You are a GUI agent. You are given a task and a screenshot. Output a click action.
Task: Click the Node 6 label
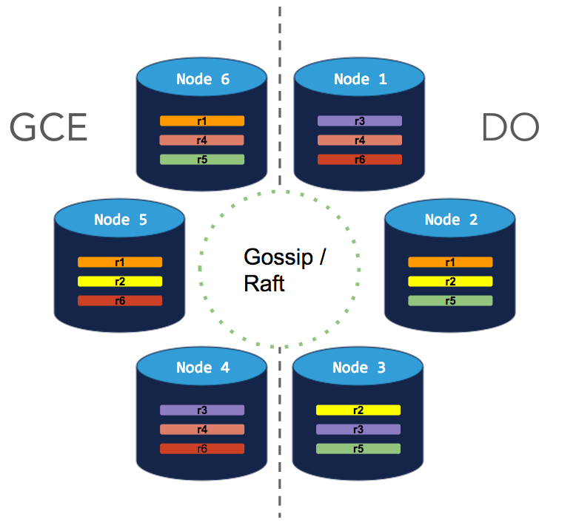click(202, 79)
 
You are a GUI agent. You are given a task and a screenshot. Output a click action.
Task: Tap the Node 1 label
click(360, 79)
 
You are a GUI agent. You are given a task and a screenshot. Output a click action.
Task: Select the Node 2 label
click(451, 220)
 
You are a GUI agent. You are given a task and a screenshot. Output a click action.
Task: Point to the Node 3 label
click(359, 368)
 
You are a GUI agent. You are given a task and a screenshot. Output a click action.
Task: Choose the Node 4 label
click(202, 368)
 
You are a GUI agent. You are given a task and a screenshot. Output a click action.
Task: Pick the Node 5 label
click(120, 220)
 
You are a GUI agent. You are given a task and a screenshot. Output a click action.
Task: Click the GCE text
click(49, 128)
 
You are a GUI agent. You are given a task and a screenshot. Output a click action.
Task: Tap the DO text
click(510, 128)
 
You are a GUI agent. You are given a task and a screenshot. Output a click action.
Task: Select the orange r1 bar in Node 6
click(202, 121)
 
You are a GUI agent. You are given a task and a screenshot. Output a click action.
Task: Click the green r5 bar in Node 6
click(202, 159)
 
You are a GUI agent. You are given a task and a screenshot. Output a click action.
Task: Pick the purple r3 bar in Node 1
click(360, 121)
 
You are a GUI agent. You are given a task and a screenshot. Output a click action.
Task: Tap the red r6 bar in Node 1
click(360, 159)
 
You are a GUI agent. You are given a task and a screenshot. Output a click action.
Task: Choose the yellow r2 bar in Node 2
click(450, 281)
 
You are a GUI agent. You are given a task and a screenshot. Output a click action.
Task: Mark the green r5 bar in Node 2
click(450, 300)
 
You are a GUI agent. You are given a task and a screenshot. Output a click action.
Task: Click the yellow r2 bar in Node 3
click(358, 410)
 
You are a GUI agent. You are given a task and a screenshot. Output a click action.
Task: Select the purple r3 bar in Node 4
click(202, 410)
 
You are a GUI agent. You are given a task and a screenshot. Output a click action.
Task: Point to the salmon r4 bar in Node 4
click(202, 429)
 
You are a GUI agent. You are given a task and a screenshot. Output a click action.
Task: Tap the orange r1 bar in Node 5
click(120, 262)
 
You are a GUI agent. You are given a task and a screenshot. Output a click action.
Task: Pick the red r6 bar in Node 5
click(120, 300)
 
